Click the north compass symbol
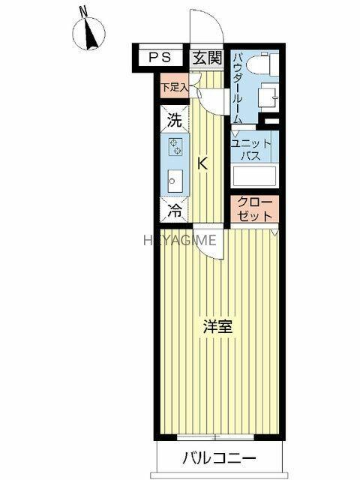coord(89,32)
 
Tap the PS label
coord(160,58)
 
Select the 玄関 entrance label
coord(208,58)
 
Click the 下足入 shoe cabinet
coord(175,87)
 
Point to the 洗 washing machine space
coord(174,120)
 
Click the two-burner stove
coord(175,146)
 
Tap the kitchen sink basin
coord(175,181)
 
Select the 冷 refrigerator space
coord(174,210)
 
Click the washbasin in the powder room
coord(268,97)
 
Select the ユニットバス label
coord(251,150)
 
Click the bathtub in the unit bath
coord(255,176)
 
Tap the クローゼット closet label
coord(255,209)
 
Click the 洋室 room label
coord(218,327)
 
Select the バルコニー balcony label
coord(219,458)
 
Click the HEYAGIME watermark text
coord(180,240)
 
